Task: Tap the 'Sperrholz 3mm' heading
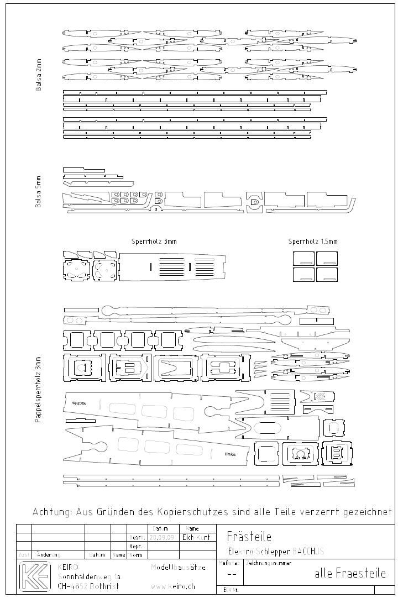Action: point(154,242)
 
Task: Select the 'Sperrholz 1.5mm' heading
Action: point(313,242)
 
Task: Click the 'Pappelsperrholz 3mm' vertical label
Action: point(38,389)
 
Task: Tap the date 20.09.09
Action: point(160,537)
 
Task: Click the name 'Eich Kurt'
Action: point(196,537)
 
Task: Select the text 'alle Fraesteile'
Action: point(350,573)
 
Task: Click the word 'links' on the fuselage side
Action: point(231,454)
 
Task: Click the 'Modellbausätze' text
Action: point(178,568)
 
